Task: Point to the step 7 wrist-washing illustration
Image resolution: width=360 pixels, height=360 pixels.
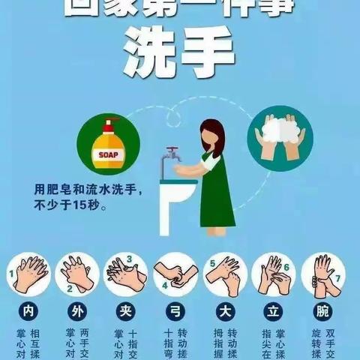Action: (x=325, y=274)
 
